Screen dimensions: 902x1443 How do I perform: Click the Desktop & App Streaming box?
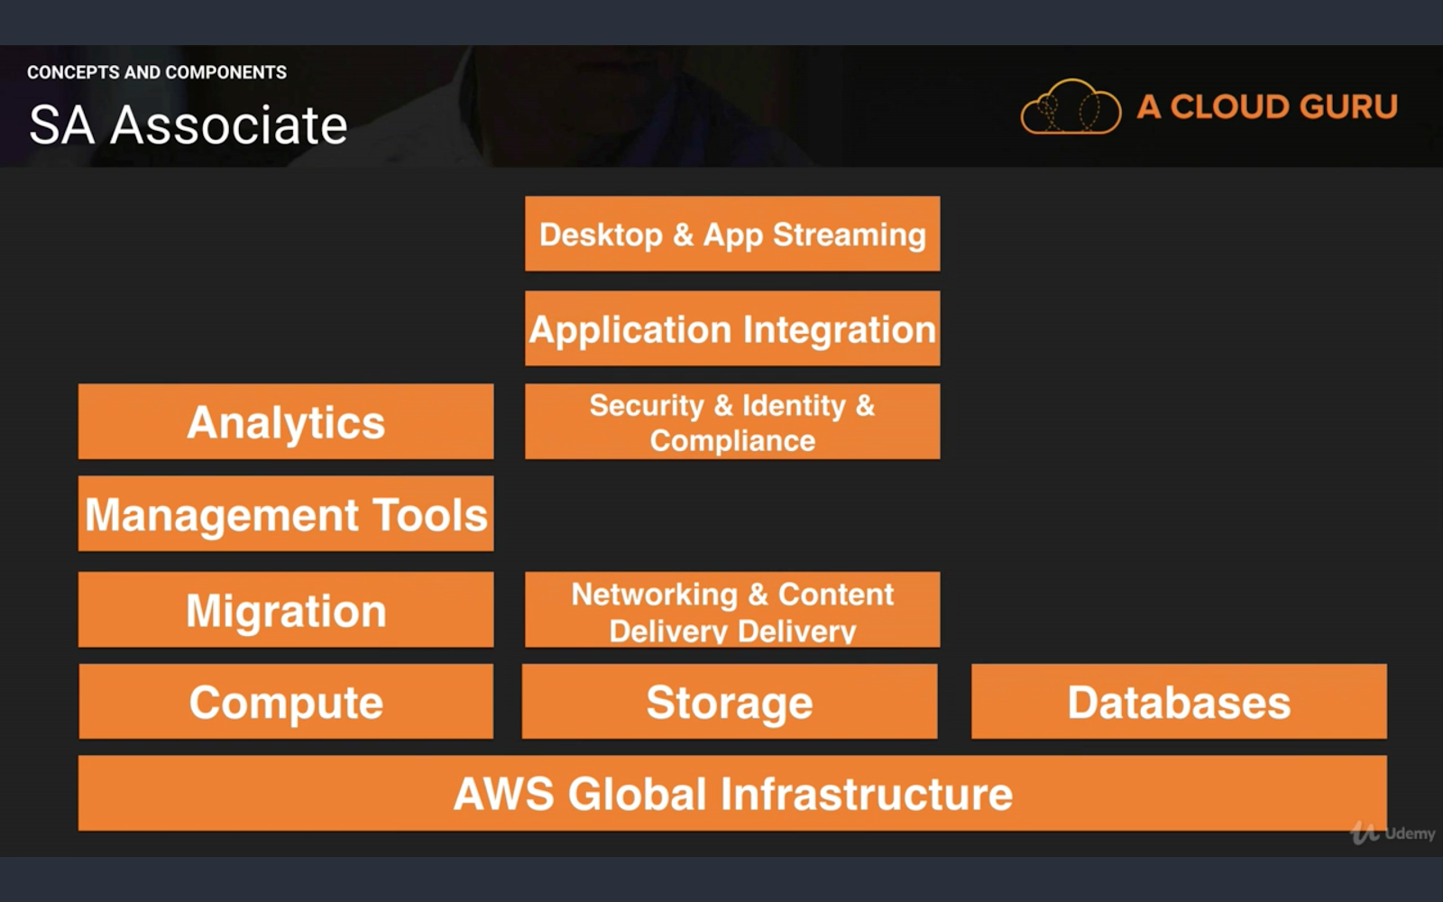coord(731,234)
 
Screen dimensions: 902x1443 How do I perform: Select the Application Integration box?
coord(731,328)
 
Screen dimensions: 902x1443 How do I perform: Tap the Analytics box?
coord(286,422)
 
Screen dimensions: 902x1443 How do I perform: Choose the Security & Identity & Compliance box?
coord(731,422)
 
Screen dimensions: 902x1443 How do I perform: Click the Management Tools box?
coord(286,514)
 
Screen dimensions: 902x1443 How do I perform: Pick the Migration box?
coord(286,610)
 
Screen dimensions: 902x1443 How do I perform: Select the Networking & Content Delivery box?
coord(731,610)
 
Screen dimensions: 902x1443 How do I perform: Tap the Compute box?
coord(286,702)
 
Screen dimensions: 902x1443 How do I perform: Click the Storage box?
coord(730,702)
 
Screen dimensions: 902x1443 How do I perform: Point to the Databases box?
coord(1179,702)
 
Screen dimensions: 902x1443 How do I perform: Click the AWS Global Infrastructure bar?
coord(731,794)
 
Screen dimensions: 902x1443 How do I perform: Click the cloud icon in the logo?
coord(1071,108)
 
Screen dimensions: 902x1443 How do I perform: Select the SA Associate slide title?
coord(188,124)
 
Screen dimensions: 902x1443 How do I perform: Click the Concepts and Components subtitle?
coord(157,72)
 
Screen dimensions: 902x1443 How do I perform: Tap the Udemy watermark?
coord(1394,833)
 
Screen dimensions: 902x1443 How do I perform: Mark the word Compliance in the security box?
coord(732,441)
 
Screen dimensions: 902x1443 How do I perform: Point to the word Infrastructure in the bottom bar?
coord(866,794)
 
